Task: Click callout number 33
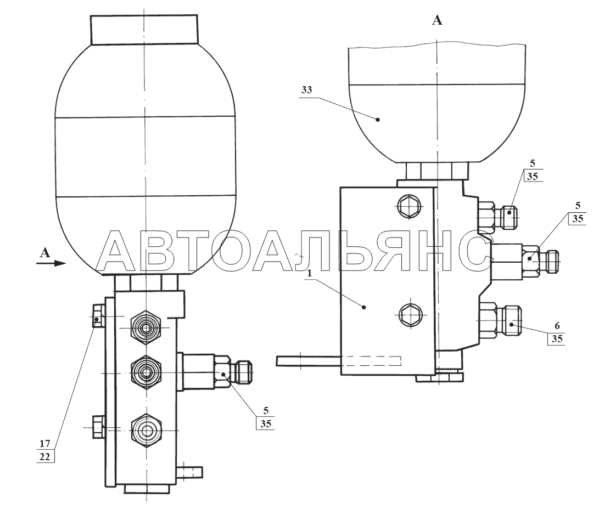click(x=307, y=90)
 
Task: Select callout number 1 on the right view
click(x=310, y=273)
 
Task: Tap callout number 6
click(x=557, y=325)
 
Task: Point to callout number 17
click(x=44, y=443)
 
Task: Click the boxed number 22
click(x=45, y=456)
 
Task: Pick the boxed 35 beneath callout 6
click(x=557, y=339)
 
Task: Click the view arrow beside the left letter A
click(x=51, y=263)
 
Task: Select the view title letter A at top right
click(x=437, y=20)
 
